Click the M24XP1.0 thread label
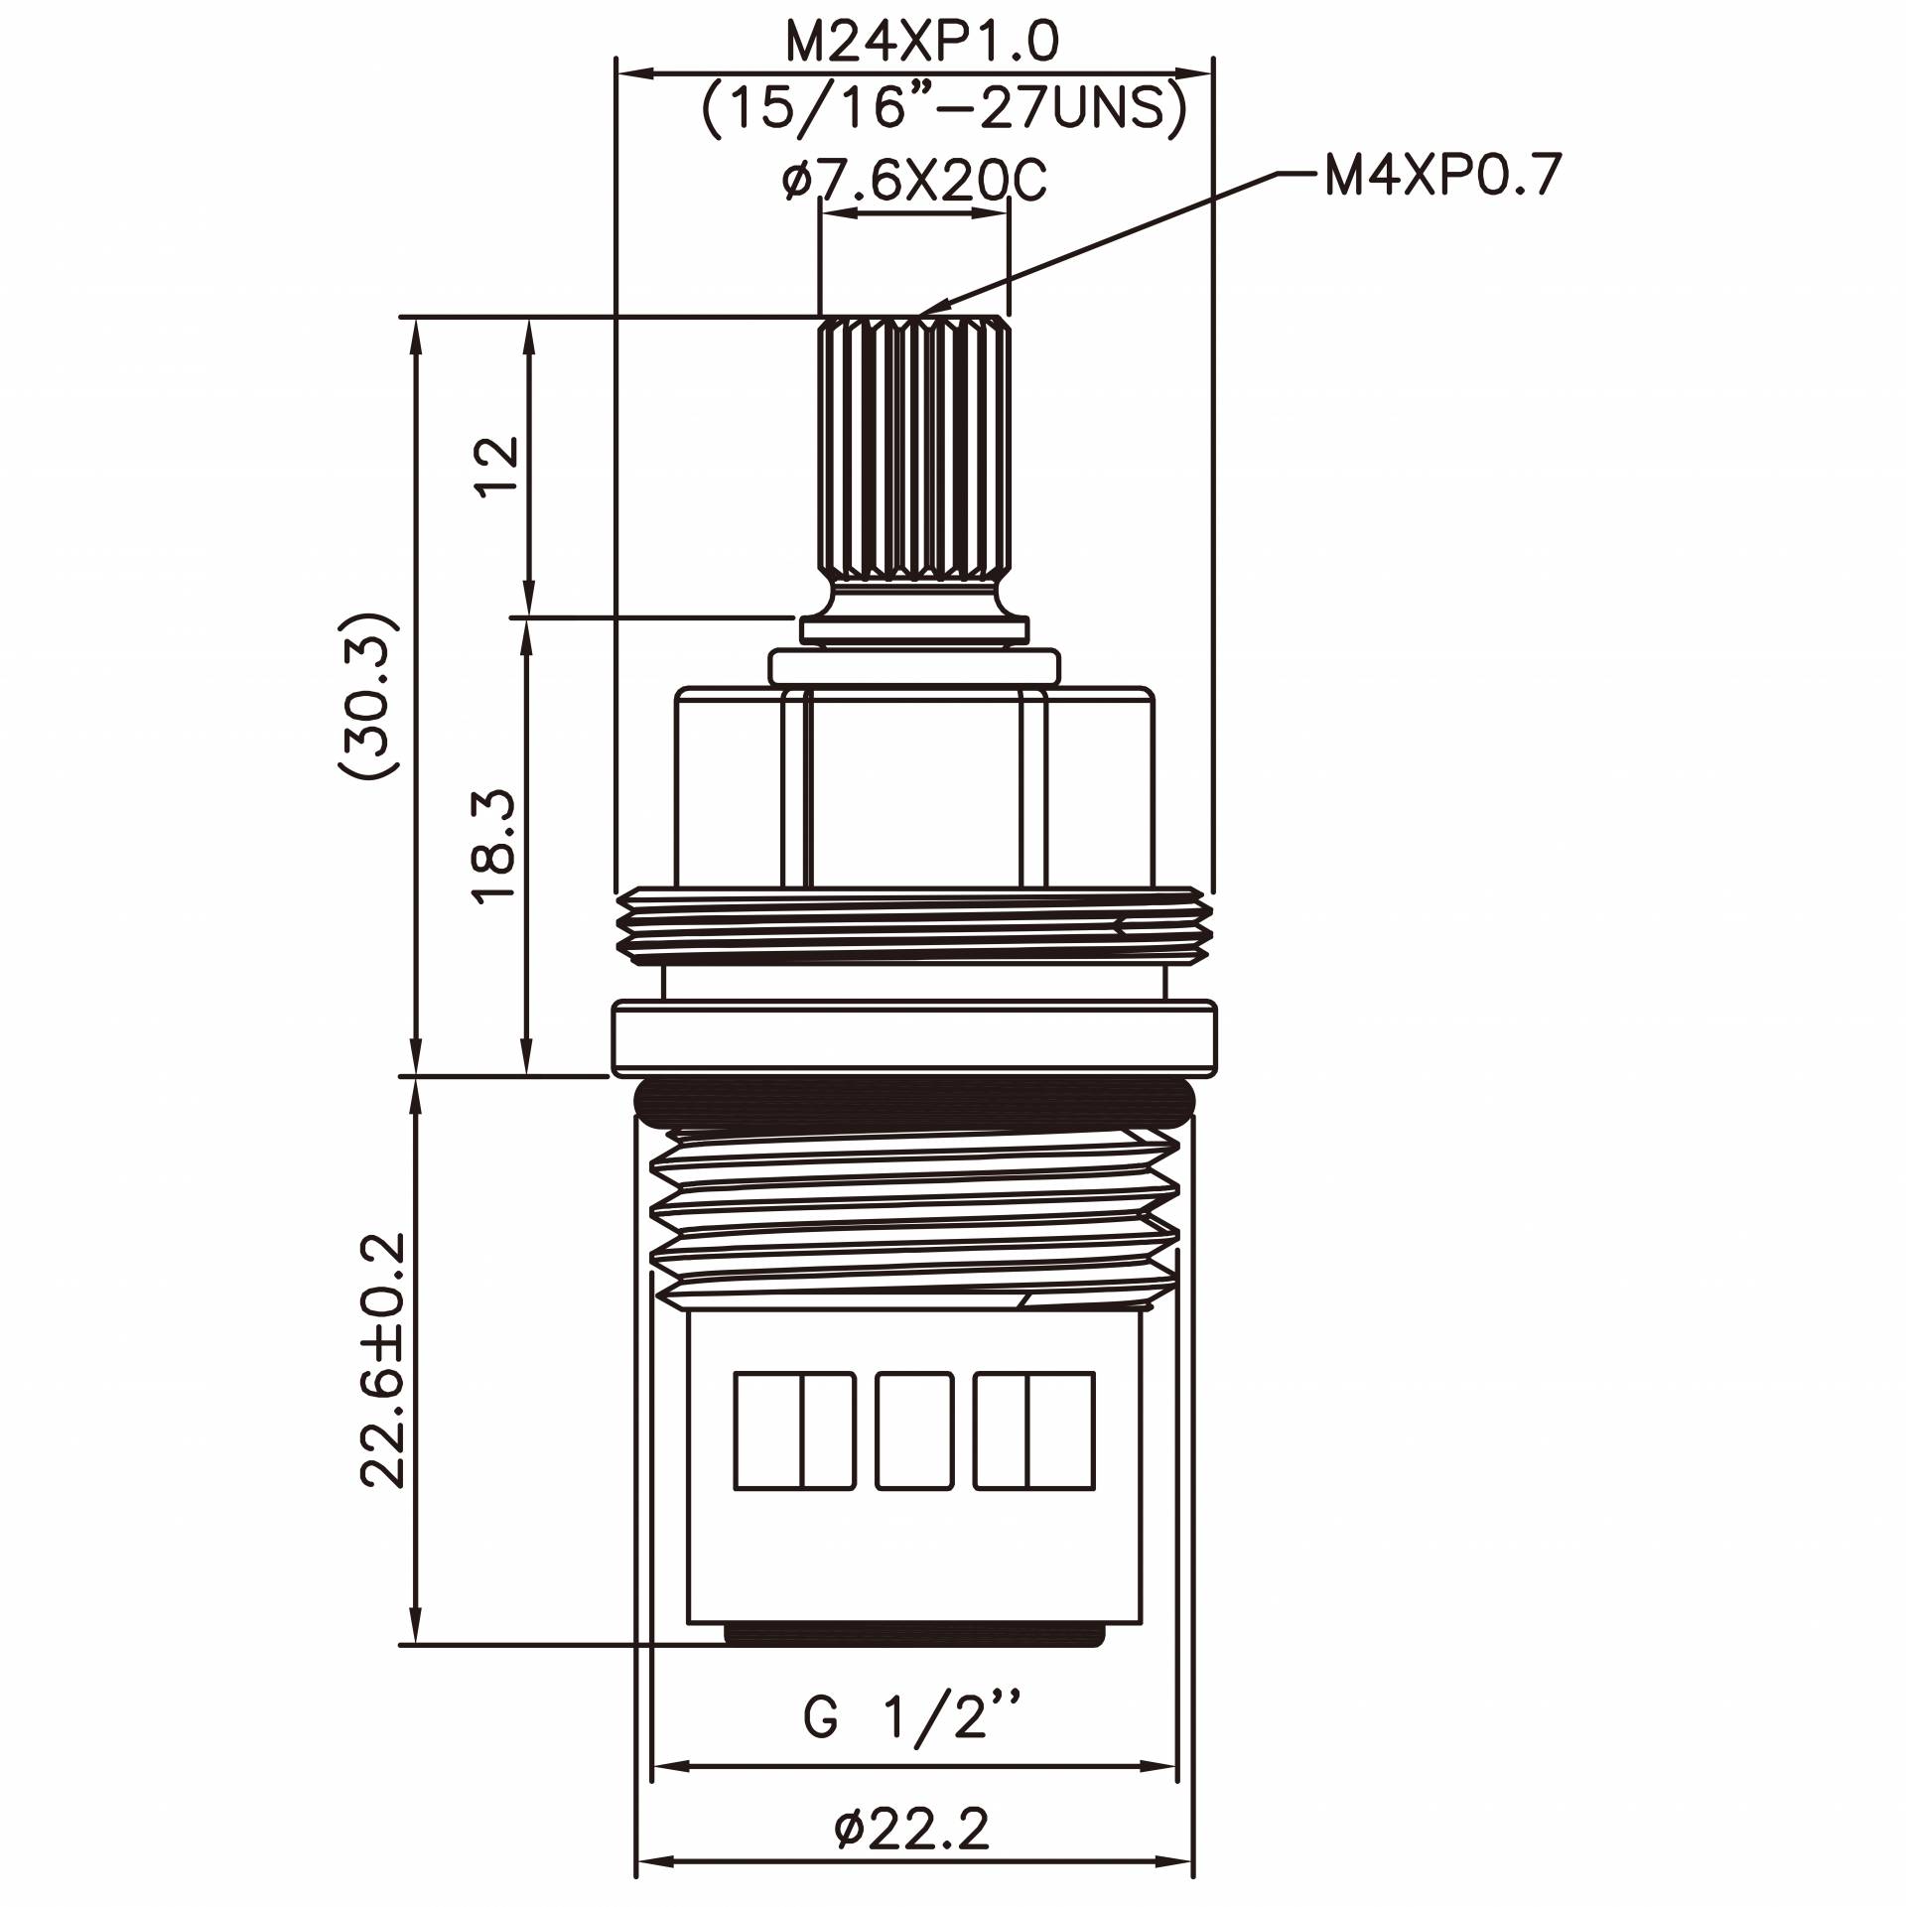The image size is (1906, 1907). tap(922, 42)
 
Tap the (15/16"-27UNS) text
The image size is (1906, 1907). tap(944, 108)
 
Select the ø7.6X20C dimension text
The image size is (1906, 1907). tap(913, 181)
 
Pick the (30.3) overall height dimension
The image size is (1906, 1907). tap(369, 695)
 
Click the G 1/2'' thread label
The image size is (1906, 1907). tap(912, 1717)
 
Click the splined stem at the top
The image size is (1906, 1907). tap(913, 447)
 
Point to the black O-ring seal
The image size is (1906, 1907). tap(913, 1100)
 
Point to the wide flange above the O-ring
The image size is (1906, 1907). tap(913, 1037)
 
